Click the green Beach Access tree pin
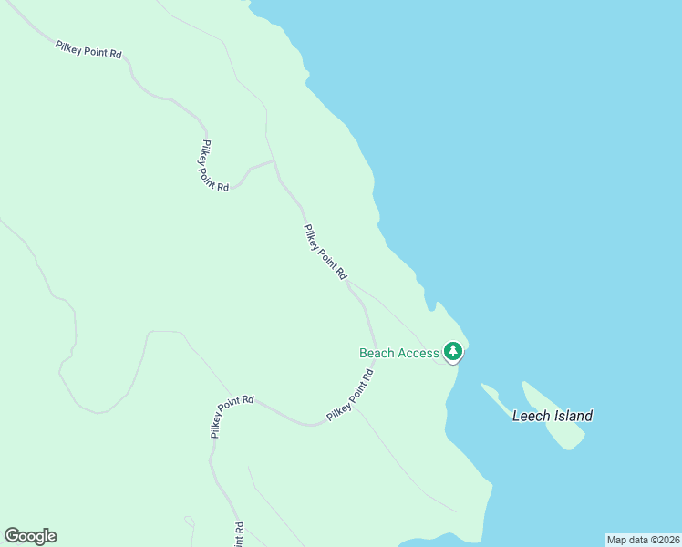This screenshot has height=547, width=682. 453,351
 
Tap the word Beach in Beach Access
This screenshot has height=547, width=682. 377,353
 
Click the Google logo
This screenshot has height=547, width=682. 30,536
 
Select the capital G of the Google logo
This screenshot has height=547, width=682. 12,536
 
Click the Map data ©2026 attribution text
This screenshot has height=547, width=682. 643,540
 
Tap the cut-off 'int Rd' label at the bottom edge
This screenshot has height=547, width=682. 239,534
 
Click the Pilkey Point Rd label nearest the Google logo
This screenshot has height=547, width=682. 232,417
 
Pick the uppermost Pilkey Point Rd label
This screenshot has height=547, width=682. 88,49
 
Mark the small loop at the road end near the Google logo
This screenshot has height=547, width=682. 190,521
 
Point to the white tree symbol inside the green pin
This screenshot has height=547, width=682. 453,350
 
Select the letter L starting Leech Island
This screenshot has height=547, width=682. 517,416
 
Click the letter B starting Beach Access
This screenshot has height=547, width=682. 364,353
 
